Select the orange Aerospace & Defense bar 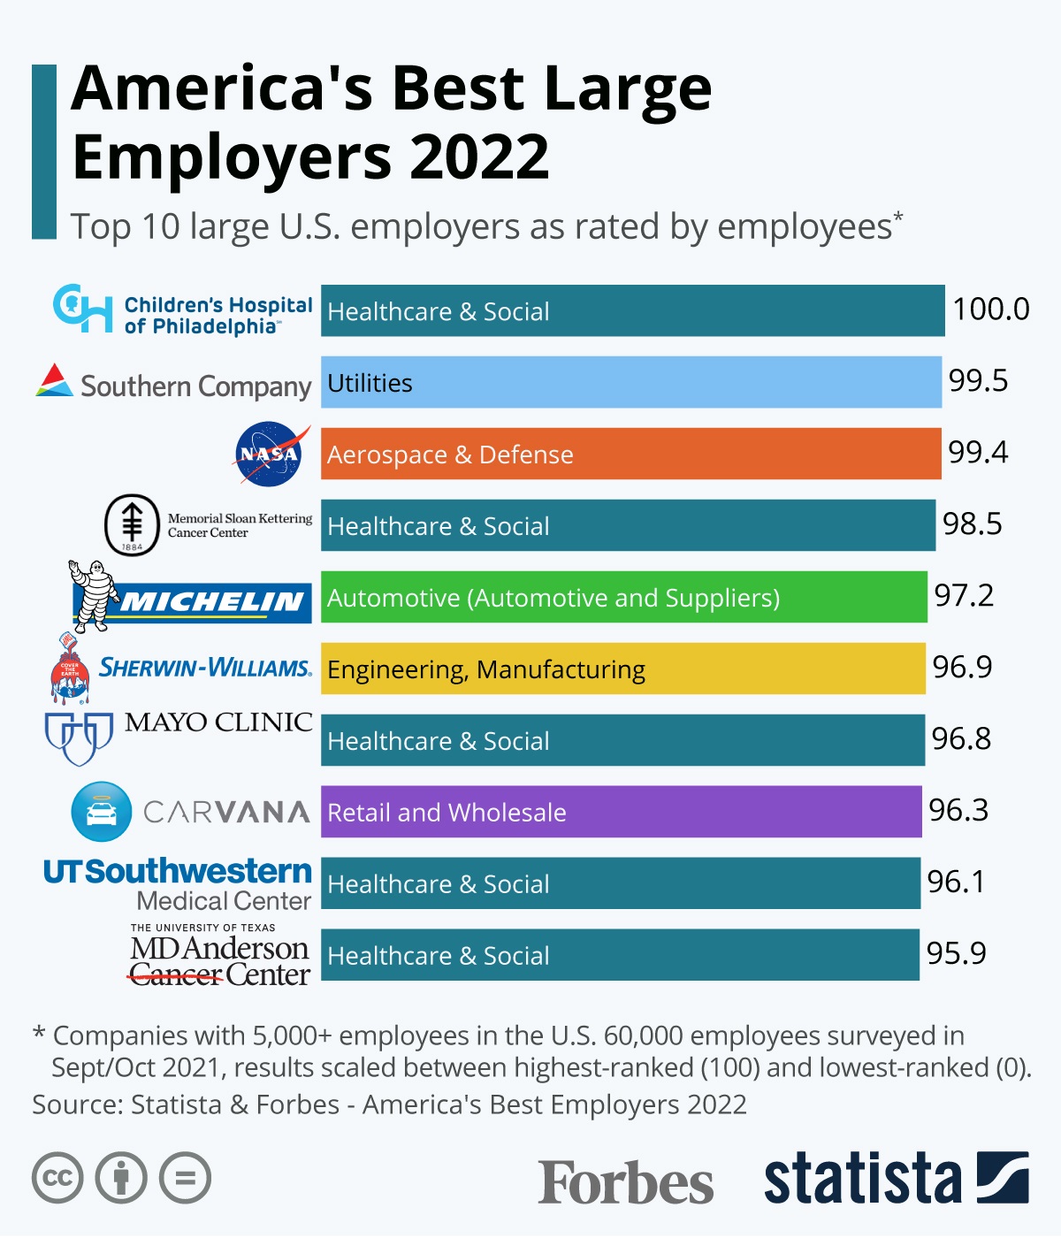(x=630, y=454)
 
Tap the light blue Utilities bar (x=630, y=382)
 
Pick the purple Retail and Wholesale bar (x=622, y=812)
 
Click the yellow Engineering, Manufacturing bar (x=622, y=669)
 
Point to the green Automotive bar (x=623, y=597)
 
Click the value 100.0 (x=990, y=309)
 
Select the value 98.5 (x=972, y=524)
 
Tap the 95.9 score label (x=956, y=953)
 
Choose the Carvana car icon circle (x=102, y=812)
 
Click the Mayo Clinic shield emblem (x=79, y=737)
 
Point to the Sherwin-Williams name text (x=205, y=668)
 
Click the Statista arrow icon (x=1003, y=1178)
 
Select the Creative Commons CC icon (x=57, y=1178)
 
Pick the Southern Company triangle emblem (x=54, y=380)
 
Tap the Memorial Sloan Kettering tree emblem (x=132, y=525)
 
